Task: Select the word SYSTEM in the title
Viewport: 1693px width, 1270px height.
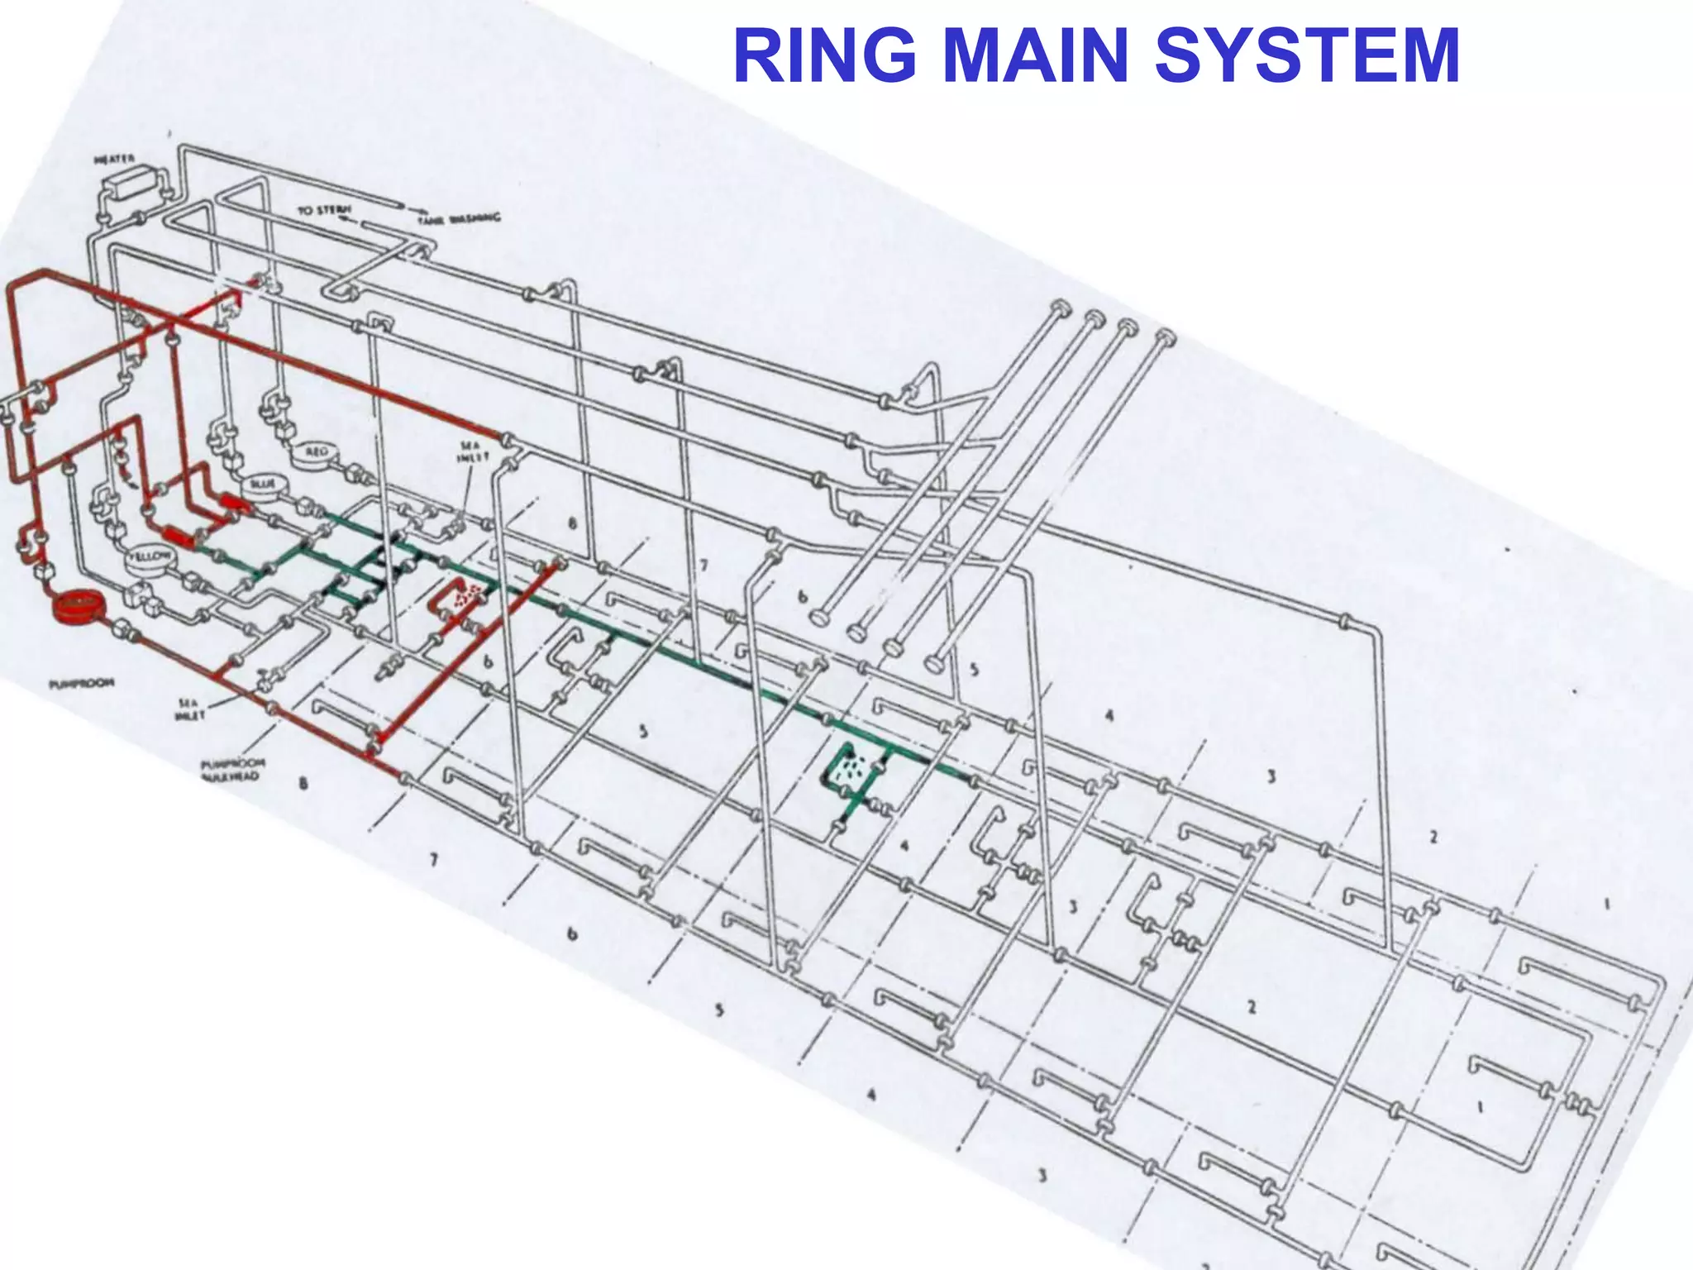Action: [1306, 56]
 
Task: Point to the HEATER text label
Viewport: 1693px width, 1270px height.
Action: [115, 158]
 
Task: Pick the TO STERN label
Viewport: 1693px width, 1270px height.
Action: [324, 212]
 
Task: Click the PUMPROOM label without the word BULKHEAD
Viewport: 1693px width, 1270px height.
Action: [80, 684]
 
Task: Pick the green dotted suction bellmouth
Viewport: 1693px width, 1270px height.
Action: [851, 770]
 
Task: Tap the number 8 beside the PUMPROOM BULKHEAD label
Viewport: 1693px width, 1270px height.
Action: [304, 783]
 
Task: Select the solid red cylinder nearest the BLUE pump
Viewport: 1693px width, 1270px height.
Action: [232, 502]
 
